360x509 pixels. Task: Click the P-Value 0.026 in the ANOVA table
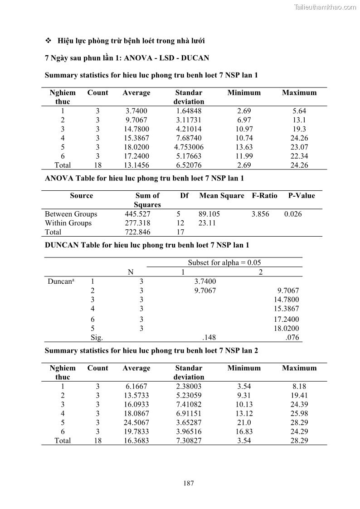point(293,214)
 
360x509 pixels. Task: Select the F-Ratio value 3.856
point(260,214)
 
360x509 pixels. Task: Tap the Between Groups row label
point(71,214)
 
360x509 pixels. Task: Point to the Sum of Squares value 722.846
point(138,232)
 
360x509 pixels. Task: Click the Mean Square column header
point(222,196)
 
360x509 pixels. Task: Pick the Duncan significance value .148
point(209,337)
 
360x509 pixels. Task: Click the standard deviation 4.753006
point(189,147)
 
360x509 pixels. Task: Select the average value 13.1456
point(136,165)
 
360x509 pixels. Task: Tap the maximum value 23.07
point(299,147)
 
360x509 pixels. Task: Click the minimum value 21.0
point(244,422)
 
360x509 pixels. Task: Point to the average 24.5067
point(136,422)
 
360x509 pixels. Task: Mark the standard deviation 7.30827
point(189,441)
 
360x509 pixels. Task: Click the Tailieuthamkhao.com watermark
point(325,7)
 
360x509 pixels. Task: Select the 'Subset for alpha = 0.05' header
point(224,263)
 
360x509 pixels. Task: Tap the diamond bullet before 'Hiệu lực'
point(49,41)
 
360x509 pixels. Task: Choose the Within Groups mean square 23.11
point(207,223)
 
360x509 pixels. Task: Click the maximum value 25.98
point(299,413)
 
